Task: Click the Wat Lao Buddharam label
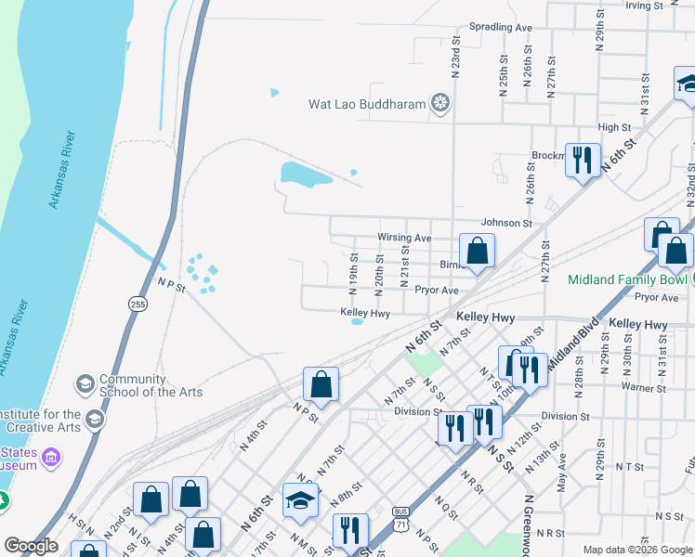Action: coord(367,104)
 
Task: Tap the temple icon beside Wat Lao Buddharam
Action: coord(440,103)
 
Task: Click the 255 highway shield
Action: coord(138,303)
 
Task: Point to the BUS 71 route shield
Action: coord(401,518)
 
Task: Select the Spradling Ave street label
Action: coord(501,28)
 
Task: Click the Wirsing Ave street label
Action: coord(404,238)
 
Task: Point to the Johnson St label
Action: coord(505,224)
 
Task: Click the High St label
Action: coord(614,128)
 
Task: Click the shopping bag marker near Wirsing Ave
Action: coord(477,251)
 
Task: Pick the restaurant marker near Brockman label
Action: coord(583,160)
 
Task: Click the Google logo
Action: coord(31,547)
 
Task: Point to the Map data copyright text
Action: coord(637,550)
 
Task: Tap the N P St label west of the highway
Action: coord(172,285)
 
